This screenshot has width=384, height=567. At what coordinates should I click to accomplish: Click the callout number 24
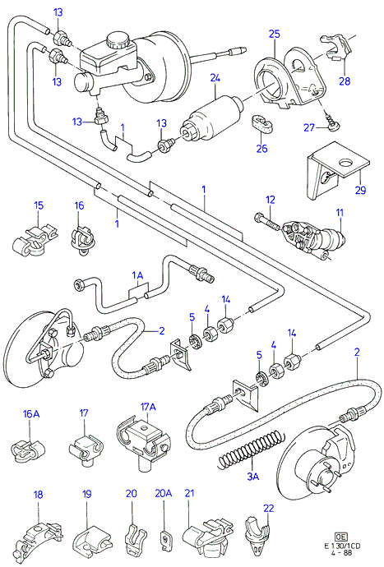click(x=215, y=78)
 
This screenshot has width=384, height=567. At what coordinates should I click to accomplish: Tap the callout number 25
click(x=275, y=34)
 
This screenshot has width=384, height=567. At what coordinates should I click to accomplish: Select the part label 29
click(x=360, y=190)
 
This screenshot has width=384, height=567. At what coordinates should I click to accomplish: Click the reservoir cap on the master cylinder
click(x=118, y=39)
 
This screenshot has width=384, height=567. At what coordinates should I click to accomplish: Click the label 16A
click(x=32, y=414)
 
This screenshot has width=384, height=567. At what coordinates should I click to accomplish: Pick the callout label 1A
click(x=137, y=276)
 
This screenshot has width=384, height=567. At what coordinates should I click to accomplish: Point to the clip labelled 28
click(x=335, y=48)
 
